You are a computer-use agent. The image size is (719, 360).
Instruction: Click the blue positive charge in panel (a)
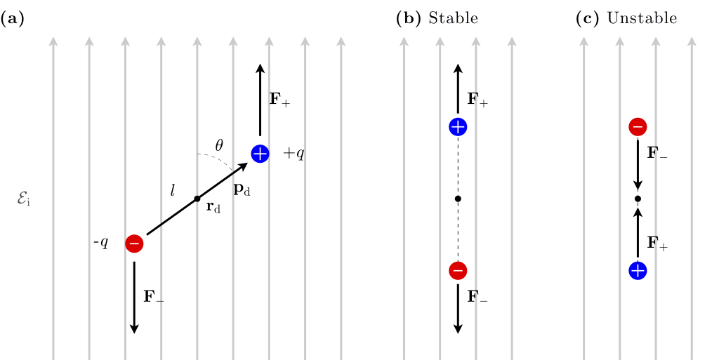[260, 153]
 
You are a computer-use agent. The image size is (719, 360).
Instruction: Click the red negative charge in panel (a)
[134, 244]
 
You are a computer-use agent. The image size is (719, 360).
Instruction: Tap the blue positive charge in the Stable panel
[458, 127]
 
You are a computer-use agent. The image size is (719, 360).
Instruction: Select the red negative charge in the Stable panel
[458, 270]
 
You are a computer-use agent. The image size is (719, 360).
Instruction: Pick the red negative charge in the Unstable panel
[638, 127]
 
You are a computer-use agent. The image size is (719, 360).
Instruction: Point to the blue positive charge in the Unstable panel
[638, 270]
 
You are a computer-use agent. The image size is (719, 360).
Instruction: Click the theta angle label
[219, 145]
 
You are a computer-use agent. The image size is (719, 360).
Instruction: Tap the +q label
[293, 153]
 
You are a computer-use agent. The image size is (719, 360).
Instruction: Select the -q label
[101, 243]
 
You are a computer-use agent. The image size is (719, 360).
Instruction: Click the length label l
[173, 189]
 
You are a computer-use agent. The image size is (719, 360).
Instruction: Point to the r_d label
[213, 207]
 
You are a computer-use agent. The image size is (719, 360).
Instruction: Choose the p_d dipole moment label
[242, 189]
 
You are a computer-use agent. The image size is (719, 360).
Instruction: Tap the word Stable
[453, 19]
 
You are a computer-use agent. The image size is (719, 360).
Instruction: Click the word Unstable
[642, 19]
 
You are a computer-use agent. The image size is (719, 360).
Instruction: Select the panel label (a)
[13, 19]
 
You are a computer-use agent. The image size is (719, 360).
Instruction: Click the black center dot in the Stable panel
[458, 199]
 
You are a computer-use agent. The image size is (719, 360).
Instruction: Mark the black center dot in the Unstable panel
[638, 199]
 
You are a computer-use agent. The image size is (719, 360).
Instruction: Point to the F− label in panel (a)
[154, 296]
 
